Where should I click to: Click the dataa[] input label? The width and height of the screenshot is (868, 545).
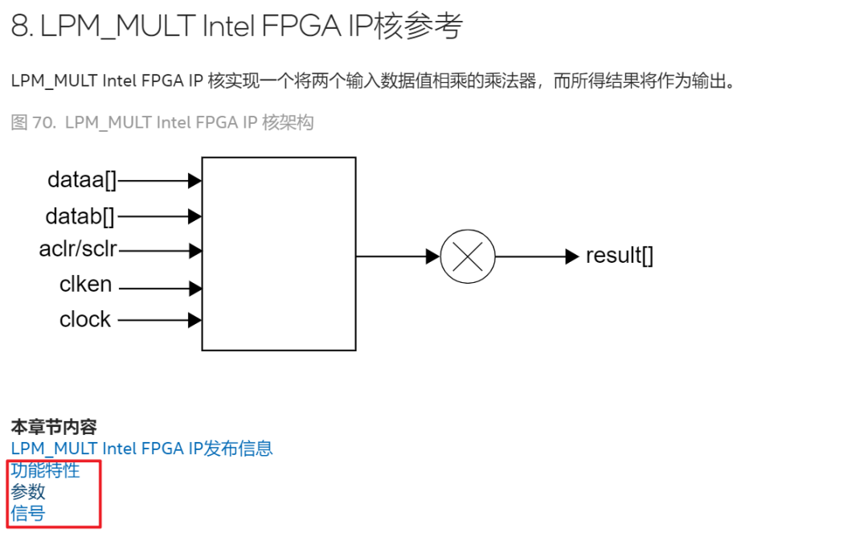click(82, 180)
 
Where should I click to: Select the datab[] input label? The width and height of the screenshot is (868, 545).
click(80, 215)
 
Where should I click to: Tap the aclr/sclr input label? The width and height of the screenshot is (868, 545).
click(78, 249)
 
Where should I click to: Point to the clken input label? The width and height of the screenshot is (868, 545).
click(85, 285)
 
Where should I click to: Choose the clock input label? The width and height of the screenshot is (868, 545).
click(85, 319)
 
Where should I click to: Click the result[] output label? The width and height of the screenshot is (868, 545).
click(619, 256)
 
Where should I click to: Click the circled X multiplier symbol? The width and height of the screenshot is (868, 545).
click(468, 256)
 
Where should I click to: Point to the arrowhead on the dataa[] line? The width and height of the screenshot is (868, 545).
click(194, 181)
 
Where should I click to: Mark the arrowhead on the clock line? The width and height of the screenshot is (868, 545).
click(194, 320)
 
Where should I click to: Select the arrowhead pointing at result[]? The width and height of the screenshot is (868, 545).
click(572, 256)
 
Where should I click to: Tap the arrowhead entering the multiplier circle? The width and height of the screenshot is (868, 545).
click(433, 256)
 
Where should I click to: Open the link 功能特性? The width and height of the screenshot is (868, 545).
click(45, 470)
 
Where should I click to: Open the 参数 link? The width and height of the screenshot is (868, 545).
click(28, 492)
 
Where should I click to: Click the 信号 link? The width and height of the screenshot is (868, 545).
click(28, 513)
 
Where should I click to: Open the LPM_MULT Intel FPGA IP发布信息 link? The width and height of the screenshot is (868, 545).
click(141, 448)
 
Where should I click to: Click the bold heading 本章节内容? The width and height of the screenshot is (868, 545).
click(54, 427)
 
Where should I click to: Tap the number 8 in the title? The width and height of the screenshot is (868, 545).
click(19, 27)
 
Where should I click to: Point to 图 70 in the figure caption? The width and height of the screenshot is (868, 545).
click(31, 122)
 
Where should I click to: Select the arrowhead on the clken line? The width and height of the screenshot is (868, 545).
click(194, 288)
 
